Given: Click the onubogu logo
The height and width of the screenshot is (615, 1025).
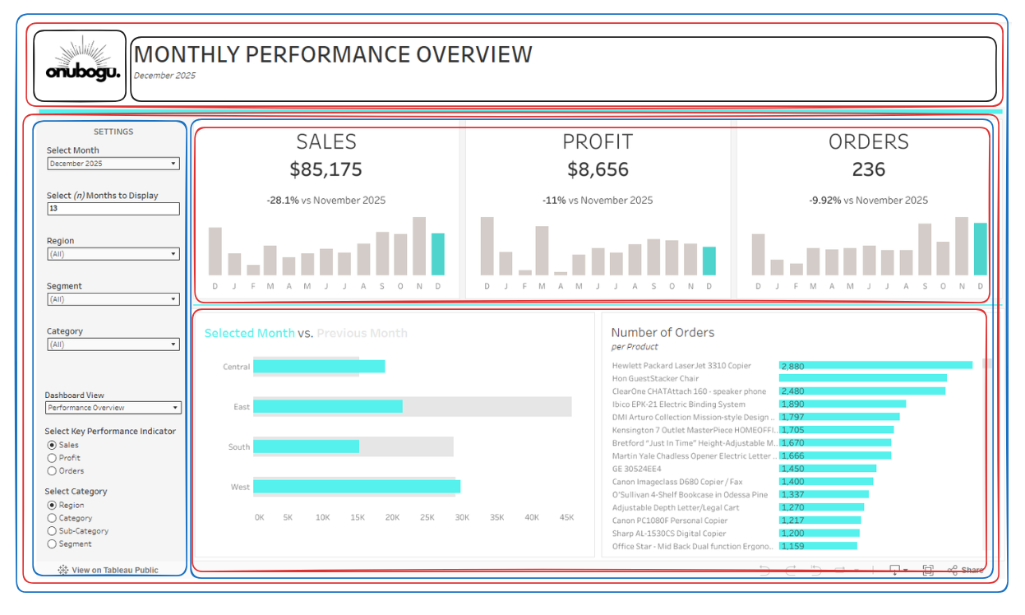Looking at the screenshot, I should tap(80, 66).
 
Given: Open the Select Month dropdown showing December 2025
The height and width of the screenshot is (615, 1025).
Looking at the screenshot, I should tap(113, 164).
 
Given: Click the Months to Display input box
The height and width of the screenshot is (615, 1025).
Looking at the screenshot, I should tap(113, 209).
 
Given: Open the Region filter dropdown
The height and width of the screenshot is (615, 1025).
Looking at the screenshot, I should tap(113, 254).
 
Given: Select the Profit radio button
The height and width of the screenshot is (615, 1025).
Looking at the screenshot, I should tap(53, 458).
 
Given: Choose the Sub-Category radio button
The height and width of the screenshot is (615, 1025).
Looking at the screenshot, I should tap(53, 531).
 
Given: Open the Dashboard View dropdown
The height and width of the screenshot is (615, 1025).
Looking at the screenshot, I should tap(113, 408).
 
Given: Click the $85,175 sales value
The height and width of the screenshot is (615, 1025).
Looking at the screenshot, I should tap(326, 170).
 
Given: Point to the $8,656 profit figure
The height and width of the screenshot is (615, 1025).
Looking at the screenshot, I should tap(598, 170).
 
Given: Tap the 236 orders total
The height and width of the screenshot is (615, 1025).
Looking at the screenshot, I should tap(868, 170).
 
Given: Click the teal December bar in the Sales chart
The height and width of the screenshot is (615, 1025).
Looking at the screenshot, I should tap(438, 254).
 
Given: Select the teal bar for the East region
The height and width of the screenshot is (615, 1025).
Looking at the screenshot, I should tap(327, 406).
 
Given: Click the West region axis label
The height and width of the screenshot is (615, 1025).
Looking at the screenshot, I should tap(240, 487).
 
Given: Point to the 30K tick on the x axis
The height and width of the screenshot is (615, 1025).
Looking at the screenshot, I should tap(462, 517).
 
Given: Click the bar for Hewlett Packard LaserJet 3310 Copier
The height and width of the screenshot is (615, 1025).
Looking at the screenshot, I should tap(875, 365).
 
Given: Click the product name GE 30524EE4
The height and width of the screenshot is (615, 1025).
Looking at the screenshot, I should tap(636, 469).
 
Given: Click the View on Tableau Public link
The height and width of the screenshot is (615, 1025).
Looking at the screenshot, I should tap(109, 570).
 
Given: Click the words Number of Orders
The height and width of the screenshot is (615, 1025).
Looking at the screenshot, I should tap(663, 333).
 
